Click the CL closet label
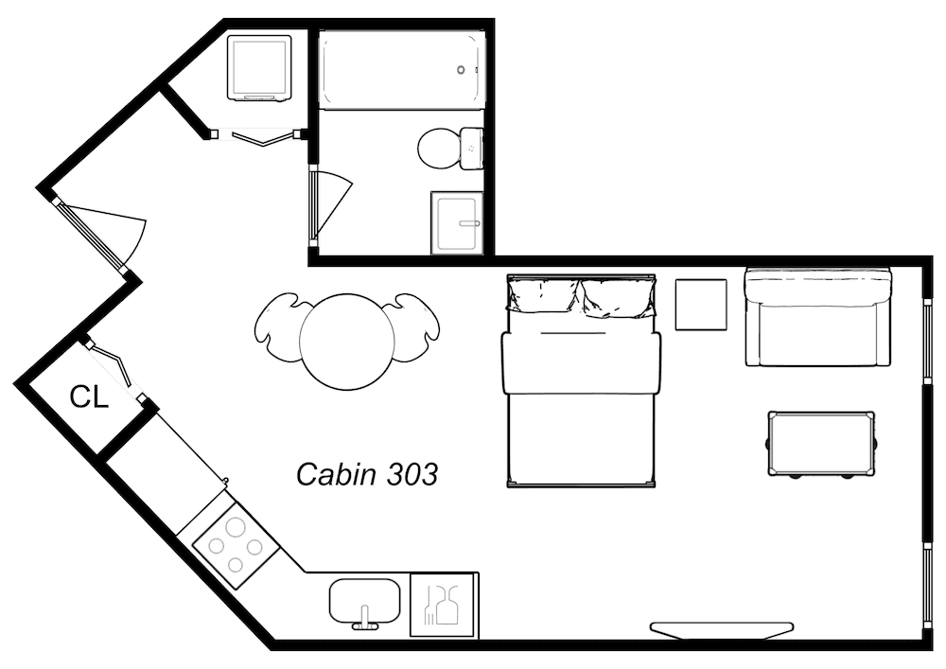[90, 398]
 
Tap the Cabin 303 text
[367, 473]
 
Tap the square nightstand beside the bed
[701, 304]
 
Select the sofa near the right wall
[818, 317]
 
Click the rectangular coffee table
[820, 443]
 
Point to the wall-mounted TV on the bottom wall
[722, 627]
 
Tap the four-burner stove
[236, 545]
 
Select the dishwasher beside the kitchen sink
[444, 604]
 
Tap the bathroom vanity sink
[458, 222]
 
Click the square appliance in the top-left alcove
[259, 67]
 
